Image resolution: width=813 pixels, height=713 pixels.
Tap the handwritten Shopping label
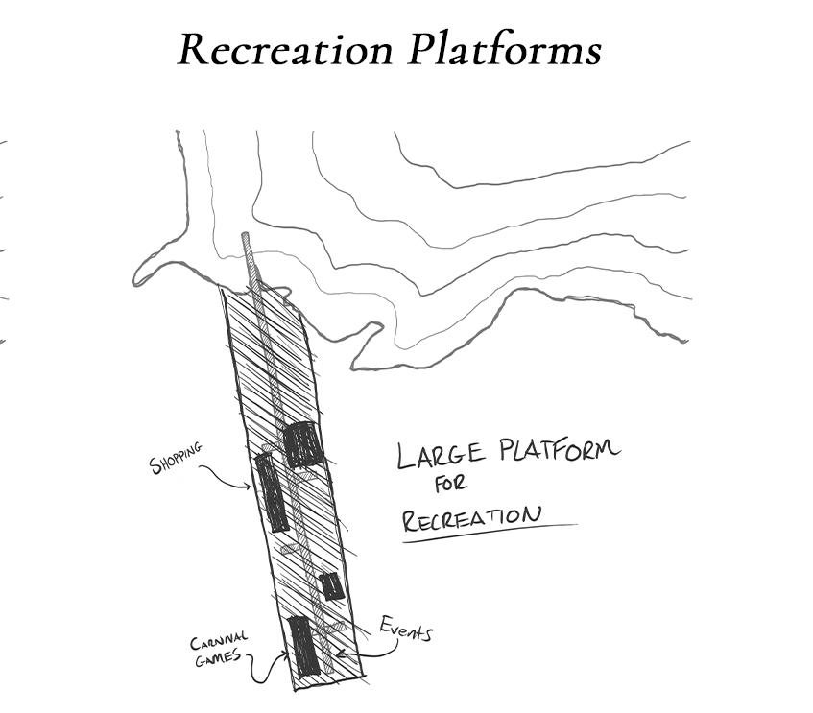[176, 459]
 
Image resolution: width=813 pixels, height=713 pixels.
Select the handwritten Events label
[405, 630]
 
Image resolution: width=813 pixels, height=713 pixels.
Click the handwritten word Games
[218, 658]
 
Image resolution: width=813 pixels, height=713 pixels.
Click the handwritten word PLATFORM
[560, 449]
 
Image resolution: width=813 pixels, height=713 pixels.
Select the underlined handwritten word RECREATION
[471, 519]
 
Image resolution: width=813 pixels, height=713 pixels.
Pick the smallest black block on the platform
[331, 585]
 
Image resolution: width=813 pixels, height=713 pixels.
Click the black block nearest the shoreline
[302, 444]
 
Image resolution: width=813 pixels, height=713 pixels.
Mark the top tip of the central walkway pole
[247, 236]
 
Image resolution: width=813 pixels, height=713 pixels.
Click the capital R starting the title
[193, 50]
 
